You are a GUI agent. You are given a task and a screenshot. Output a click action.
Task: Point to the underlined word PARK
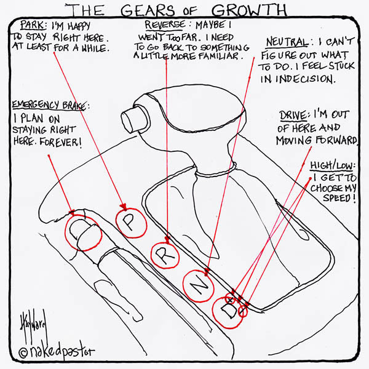31,25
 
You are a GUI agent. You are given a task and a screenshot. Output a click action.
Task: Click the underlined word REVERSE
165,25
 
